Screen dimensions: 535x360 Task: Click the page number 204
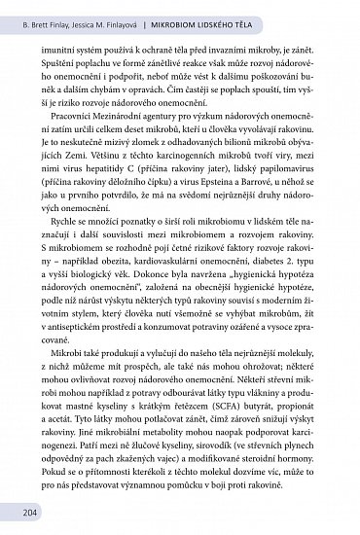18,514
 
